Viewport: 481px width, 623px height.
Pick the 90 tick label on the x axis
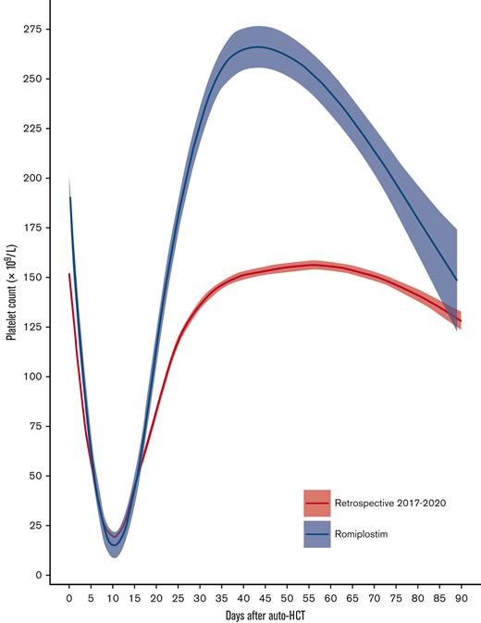pyautogui.click(x=460, y=598)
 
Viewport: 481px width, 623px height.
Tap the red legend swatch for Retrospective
pyautogui.click(x=316, y=504)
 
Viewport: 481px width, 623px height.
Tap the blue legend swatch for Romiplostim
pyautogui.click(x=316, y=533)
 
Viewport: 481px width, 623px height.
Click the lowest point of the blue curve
pyautogui.click(x=114, y=544)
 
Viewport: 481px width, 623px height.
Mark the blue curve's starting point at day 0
pyautogui.click(x=69, y=197)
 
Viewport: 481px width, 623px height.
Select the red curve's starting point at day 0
pyautogui.click(x=69, y=273)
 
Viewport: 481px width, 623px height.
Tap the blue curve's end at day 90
pyautogui.click(x=457, y=280)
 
